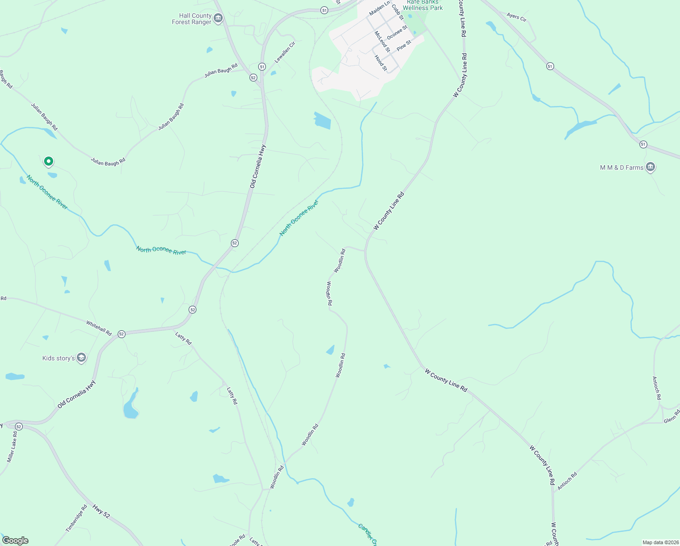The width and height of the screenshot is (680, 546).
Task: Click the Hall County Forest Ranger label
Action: pos(191,19)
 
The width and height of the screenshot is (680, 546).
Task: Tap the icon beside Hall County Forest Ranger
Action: pos(218,18)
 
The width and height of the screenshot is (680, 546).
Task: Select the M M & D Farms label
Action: pos(621,167)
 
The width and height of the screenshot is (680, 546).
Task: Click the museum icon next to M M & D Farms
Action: pos(650,167)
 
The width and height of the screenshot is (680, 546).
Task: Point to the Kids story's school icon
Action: pos(81,358)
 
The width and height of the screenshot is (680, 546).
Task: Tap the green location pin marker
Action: pos(49,161)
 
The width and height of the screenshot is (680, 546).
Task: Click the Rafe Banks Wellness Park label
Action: pos(423,5)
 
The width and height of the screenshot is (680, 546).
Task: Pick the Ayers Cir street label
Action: pos(516,17)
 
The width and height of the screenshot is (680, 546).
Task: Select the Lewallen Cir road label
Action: pos(285,52)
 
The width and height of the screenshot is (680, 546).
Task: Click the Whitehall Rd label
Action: pos(99,328)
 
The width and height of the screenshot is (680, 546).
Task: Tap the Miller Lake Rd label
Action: pos(12,447)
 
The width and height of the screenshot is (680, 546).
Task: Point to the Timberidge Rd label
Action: pos(76,518)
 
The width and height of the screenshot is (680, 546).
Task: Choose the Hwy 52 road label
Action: pos(101,511)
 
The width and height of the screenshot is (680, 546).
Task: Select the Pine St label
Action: pos(404,45)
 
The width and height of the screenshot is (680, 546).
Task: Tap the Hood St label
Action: pos(381,63)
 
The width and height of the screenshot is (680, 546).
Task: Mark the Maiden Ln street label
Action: pos(380,8)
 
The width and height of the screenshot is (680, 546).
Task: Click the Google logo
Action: pos(15,541)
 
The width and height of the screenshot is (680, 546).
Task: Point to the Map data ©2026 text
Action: pos(660,542)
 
